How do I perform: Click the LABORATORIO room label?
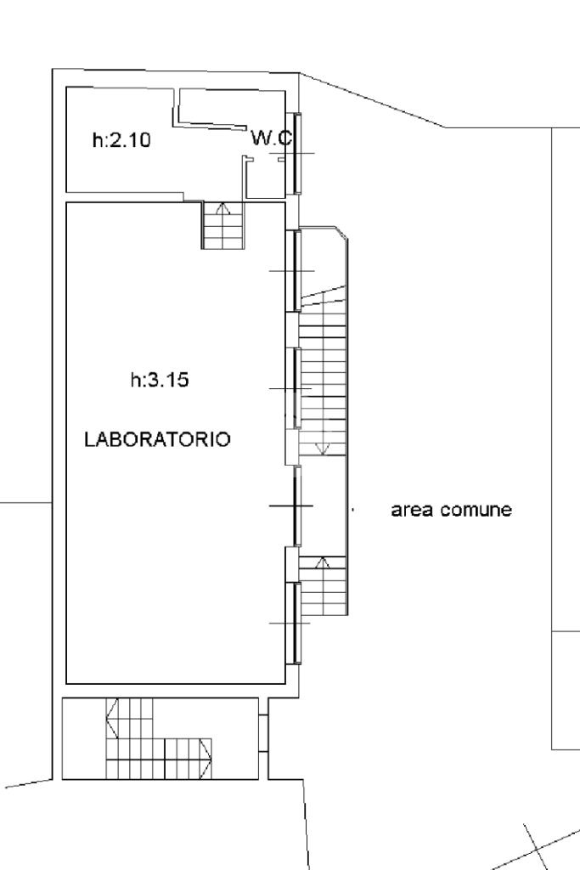(x=157, y=439)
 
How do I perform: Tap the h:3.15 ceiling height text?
(x=160, y=380)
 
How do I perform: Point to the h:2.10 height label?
(x=121, y=139)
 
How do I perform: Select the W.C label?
(x=271, y=138)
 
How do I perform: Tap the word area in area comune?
(x=412, y=510)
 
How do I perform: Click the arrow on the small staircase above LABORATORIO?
(x=222, y=209)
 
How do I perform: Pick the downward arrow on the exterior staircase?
(x=323, y=449)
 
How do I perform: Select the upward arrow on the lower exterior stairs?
(x=323, y=562)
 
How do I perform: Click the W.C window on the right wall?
(x=297, y=153)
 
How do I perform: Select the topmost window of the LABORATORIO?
(x=297, y=271)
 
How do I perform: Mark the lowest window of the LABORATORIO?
(x=297, y=623)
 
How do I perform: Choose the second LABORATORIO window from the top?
(x=297, y=388)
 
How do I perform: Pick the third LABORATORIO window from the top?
(x=297, y=506)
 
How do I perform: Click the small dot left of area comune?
(x=353, y=510)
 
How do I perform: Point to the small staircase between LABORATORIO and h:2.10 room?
(x=222, y=225)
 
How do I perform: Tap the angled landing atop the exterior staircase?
(x=324, y=261)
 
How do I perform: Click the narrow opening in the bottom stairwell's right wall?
(x=263, y=733)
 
